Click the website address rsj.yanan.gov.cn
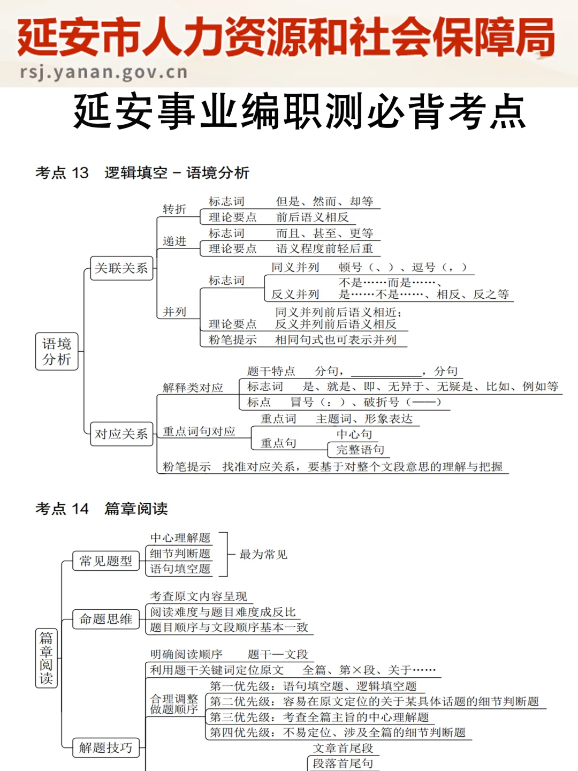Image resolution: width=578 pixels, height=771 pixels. coord(104,72)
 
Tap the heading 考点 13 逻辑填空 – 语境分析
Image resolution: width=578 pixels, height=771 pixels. coord(142,173)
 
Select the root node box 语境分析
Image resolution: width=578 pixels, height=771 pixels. coord(57,351)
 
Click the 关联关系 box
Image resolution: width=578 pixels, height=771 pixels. coord(121,268)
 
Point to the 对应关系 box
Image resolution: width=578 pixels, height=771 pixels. coord(121,434)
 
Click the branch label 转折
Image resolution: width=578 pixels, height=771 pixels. coord(174,209)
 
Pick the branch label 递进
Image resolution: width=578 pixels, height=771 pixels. coord(174,241)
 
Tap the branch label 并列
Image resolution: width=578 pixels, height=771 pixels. coord(174,312)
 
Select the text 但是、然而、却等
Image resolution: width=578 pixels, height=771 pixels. coord(324,202)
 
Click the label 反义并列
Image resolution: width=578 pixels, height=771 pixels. coord(295,294)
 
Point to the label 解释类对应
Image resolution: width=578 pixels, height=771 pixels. coord(193,387)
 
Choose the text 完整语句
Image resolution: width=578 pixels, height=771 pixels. coord(360,450)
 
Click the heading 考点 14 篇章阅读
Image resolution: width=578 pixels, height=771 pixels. coord(102,509)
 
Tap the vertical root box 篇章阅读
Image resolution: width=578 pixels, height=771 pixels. coord(46,658)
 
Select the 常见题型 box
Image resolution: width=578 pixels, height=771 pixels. coord(105,561)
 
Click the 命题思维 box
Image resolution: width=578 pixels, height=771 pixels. coord(105,619)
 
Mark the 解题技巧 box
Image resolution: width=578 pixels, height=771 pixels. coord(105,747)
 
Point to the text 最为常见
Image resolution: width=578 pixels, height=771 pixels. coord(263,555)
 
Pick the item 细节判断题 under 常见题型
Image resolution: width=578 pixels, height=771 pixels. coord(180,554)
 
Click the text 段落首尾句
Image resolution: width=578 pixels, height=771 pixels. coord(343,764)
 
